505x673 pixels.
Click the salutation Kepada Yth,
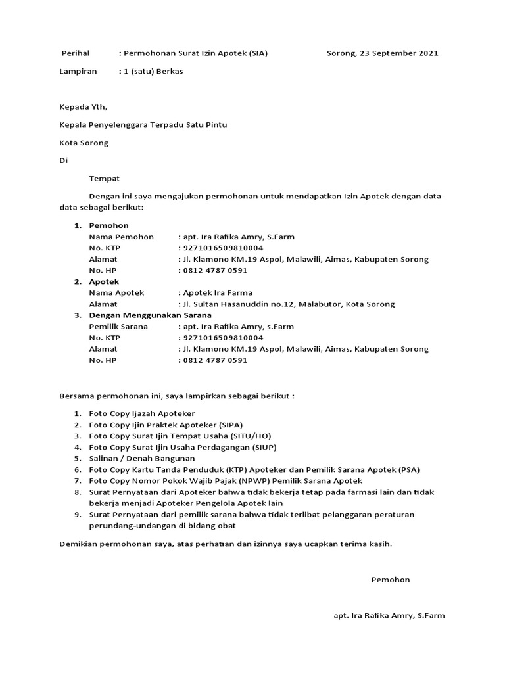pos(83,107)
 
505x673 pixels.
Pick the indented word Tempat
pos(105,178)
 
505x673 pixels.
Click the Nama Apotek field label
pos(116,293)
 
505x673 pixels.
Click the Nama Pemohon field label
pos(121,237)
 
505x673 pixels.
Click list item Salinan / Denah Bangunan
pos(142,459)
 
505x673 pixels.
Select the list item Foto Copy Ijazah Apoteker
pos(142,414)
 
